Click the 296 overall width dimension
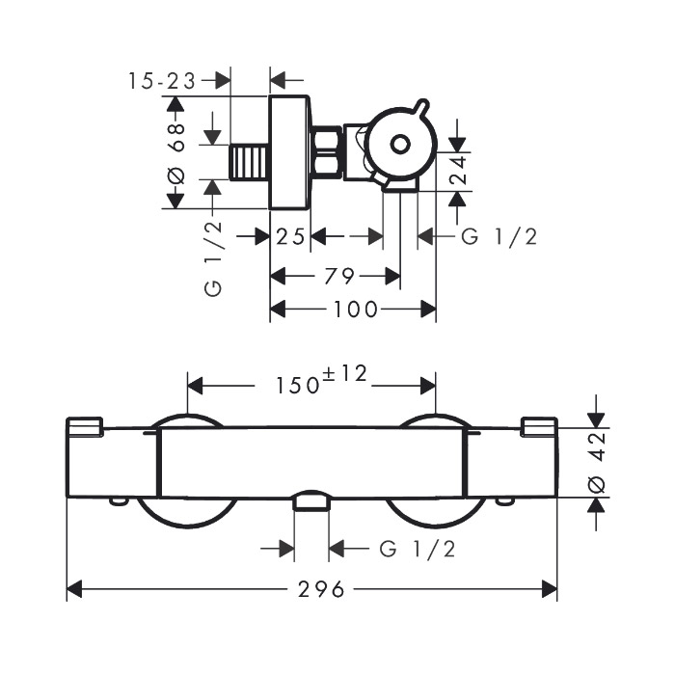click(x=321, y=589)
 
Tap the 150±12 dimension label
click(x=321, y=380)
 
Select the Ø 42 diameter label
click(x=597, y=463)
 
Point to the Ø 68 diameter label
click(x=176, y=152)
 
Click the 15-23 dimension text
click(x=162, y=81)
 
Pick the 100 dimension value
click(x=356, y=310)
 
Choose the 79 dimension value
click(x=339, y=277)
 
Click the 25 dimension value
click(x=290, y=237)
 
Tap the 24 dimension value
click(x=458, y=171)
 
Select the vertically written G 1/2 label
click(x=213, y=259)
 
